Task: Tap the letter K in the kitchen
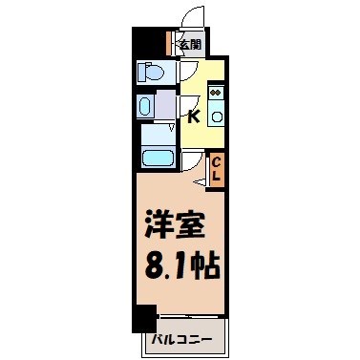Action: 192,117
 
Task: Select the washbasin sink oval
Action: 146,105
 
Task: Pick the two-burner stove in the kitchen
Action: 217,95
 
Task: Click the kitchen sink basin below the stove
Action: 217,117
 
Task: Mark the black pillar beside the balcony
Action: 143,321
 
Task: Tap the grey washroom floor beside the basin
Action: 166,105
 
